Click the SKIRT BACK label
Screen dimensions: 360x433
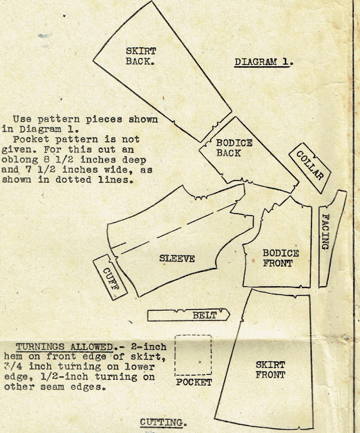(x=140, y=56)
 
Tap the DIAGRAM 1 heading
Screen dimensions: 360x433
(x=264, y=62)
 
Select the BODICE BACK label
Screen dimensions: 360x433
(x=234, y=148)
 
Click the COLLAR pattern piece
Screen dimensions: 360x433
(x=310, y=168)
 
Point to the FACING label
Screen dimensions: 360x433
(x=325, y=232)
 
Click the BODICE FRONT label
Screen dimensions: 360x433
(x=280, y=258)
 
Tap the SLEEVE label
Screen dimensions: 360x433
(x=177, y=258)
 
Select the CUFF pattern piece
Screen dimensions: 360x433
(x=110, y=277)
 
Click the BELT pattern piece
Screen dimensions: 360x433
(x=188, y=315)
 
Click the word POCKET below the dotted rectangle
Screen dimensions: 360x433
(x=194, y=382)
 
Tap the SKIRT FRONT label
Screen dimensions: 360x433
(x=270, y=370)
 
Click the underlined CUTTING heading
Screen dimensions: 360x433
(x=164, y=422)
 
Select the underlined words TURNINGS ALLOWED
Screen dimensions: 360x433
(x=64, y=347)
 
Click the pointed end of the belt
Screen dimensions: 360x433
(x=229, y=315)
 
